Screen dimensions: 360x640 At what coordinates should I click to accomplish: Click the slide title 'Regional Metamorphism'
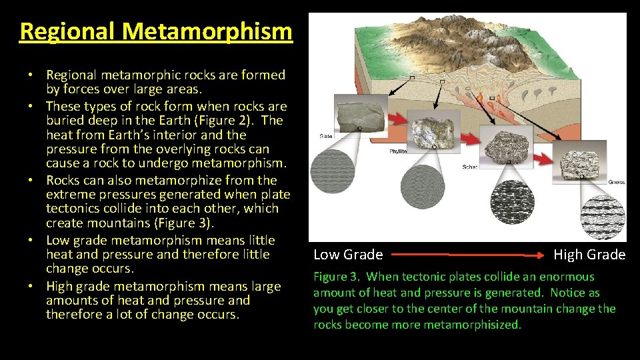156,31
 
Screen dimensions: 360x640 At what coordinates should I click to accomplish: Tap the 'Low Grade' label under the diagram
348,255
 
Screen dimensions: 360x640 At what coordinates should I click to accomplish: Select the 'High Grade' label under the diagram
589,255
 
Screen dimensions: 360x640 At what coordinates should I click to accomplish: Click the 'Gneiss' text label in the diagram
616,182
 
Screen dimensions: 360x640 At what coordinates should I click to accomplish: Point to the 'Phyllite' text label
399,152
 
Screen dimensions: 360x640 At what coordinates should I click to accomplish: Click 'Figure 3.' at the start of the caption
337,277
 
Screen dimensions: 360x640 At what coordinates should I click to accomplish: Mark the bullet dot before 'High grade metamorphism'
38,287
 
